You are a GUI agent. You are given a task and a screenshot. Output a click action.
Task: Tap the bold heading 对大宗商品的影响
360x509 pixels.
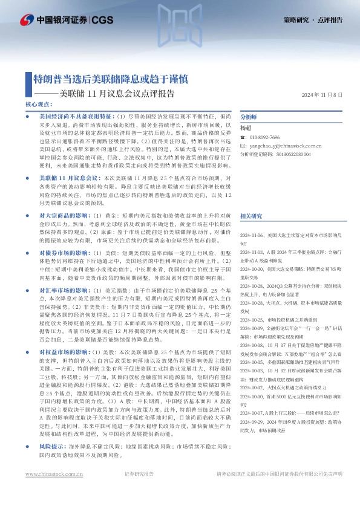(65, 215)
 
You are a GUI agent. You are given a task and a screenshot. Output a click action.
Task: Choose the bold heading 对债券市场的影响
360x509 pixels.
(65, 251)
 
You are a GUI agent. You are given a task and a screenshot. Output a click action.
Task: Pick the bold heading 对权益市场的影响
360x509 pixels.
(65, 351)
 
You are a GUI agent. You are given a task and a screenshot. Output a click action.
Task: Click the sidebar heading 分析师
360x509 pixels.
(249, 117)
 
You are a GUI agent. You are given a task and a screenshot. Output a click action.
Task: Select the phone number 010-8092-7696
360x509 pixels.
(264, 138)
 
